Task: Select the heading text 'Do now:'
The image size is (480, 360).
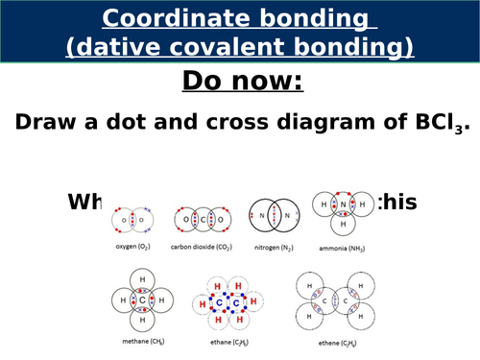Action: click(241, 82)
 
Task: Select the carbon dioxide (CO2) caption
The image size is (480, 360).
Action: click(202, 246)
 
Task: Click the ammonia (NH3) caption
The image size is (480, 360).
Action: click(344, 246)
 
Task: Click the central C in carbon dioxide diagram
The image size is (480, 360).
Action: click(202, 219)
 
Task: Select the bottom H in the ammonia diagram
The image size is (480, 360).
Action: click(344, 226)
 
